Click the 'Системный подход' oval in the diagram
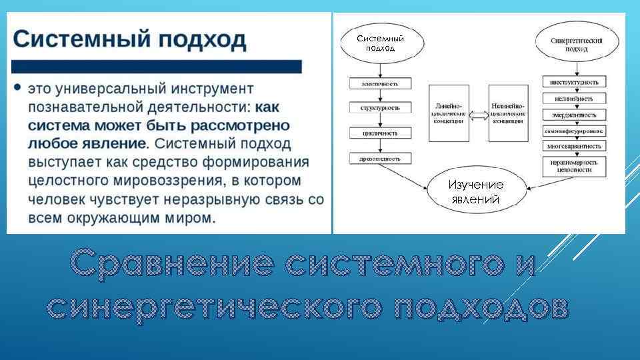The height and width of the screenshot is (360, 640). coord(380,43)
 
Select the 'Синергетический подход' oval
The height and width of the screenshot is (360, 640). coord(577,44)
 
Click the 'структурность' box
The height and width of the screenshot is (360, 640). coord(380,107)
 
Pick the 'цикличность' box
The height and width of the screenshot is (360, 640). coord(380,133)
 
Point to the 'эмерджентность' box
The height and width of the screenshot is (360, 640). coord(574,115)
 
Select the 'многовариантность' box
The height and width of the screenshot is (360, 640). coord(574,146)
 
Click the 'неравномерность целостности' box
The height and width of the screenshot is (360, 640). coord(574,165)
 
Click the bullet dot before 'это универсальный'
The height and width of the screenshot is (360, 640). coord(17,88)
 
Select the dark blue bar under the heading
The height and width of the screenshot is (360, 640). coord(157,67)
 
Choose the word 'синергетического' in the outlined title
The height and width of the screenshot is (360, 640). coord(215,306)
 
